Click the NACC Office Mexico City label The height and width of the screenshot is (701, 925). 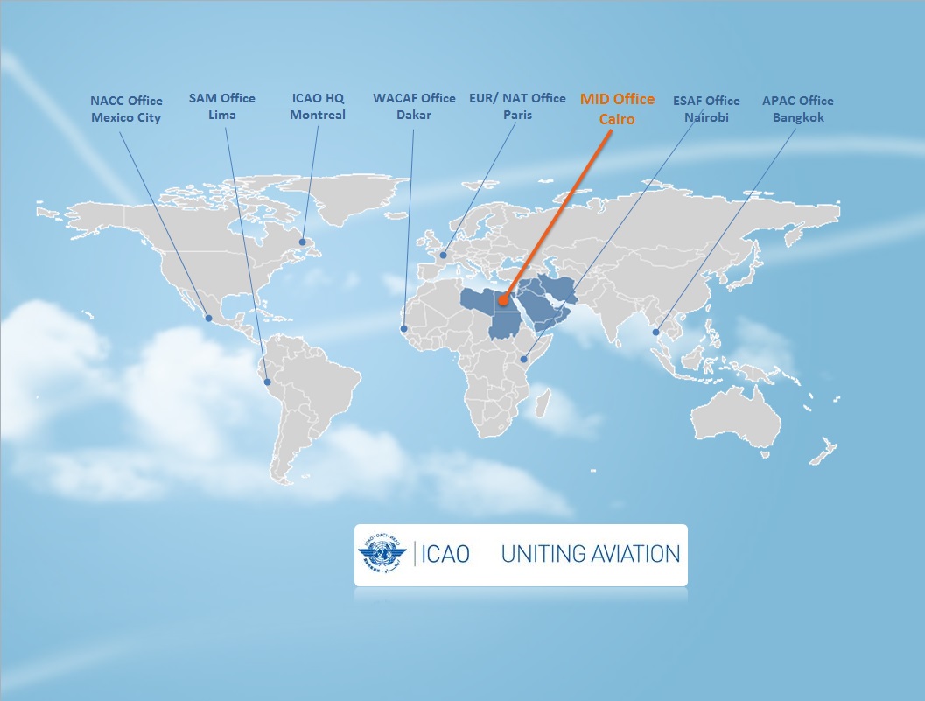[126, 109]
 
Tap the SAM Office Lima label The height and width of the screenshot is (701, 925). [221, 106]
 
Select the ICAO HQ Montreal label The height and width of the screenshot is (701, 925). [318, 106]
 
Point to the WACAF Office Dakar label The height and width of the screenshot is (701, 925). [414, 106]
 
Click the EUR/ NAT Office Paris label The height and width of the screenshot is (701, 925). [517, 106]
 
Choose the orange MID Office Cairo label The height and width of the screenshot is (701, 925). [617, 109]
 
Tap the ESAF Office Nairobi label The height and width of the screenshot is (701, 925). [706, 109]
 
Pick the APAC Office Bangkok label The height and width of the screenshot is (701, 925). [797, 109]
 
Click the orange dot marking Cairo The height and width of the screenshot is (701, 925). [503, 301]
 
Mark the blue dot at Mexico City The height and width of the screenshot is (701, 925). [208, 318]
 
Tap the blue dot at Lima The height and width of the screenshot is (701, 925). [267, 382]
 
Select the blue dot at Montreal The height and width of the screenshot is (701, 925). [302, 242]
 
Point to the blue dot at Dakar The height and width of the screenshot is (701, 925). [404, 329]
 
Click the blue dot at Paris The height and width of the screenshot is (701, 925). [444, 256]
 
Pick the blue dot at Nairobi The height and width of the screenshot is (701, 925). [524, 359]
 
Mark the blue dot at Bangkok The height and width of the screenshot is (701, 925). [656, 333]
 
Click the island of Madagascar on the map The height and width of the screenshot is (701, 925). [543, 403]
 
